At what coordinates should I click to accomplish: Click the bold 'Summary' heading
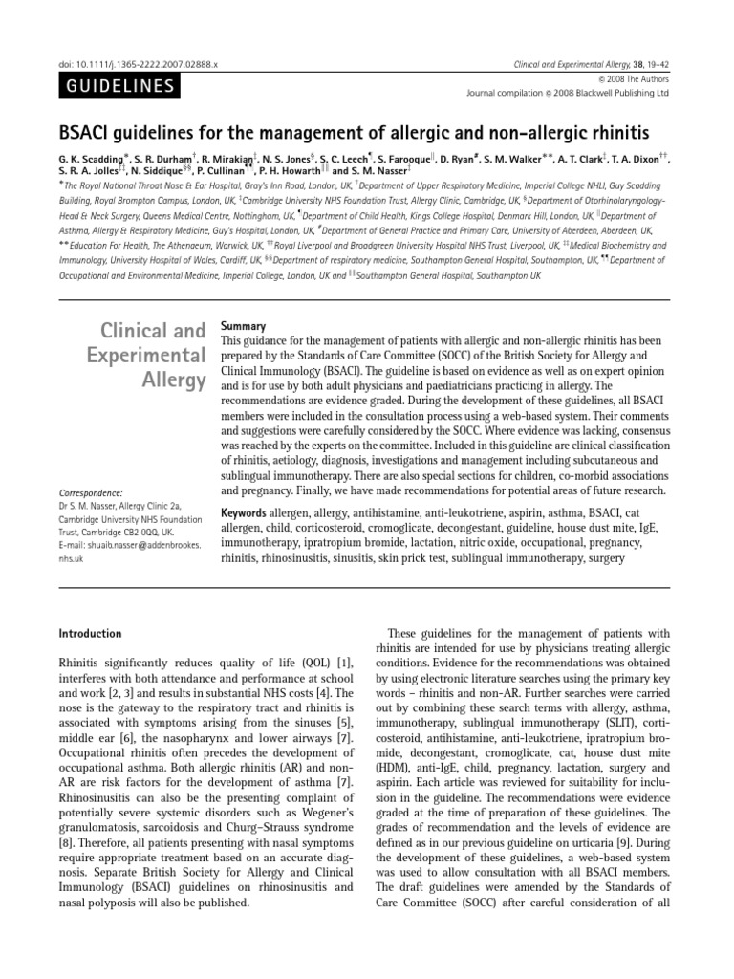[244, 325]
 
